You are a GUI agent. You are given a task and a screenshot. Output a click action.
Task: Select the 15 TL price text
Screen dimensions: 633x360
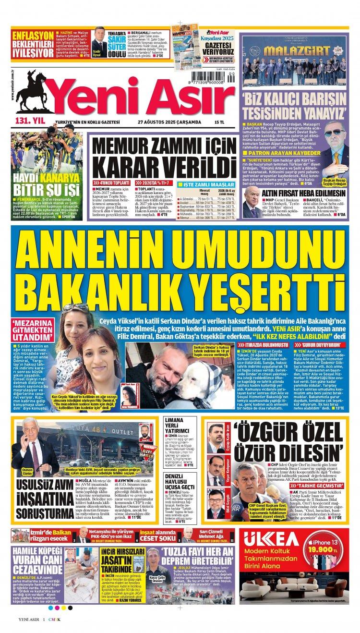tap(220, 122)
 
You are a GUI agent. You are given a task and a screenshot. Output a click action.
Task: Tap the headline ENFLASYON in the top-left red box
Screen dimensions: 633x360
tap(32, 36)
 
